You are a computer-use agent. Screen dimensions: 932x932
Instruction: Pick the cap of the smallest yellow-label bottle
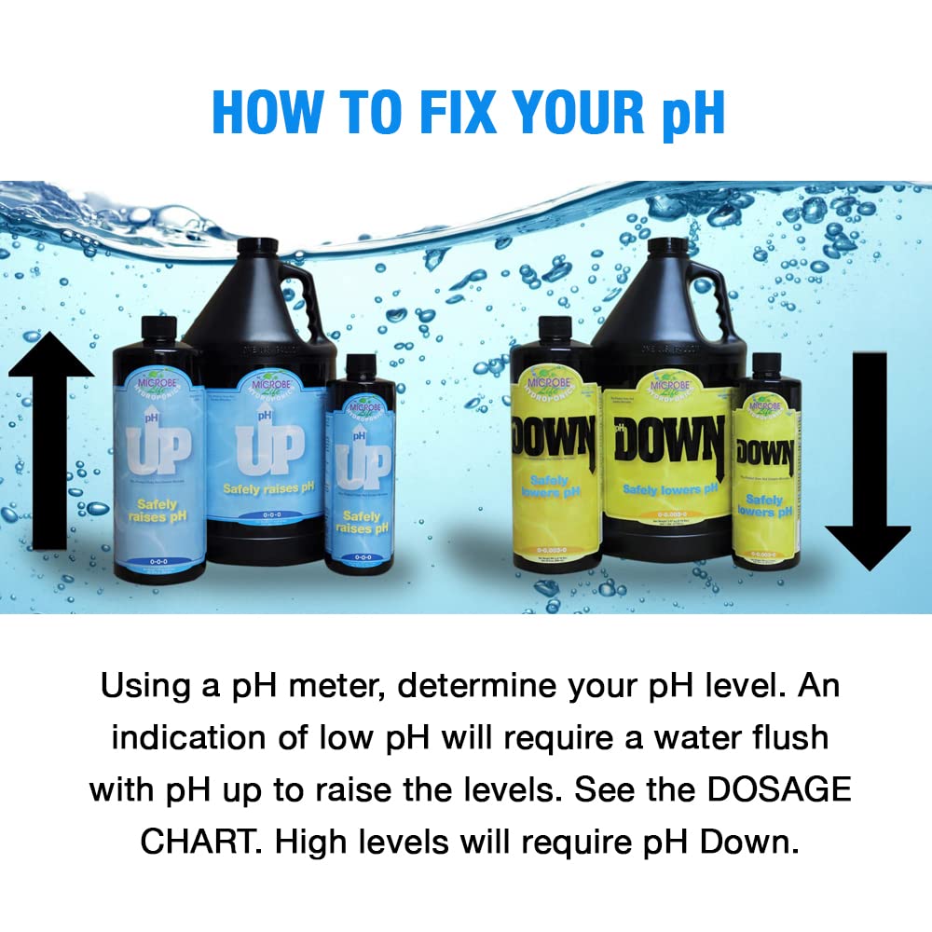click(x=766, y=363)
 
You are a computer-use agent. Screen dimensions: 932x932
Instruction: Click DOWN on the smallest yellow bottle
click(x=765, y=454)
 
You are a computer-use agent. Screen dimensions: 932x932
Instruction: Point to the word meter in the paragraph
click(x=338, y=688)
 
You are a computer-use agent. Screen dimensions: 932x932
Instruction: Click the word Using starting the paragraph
click(x=149, y=688)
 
